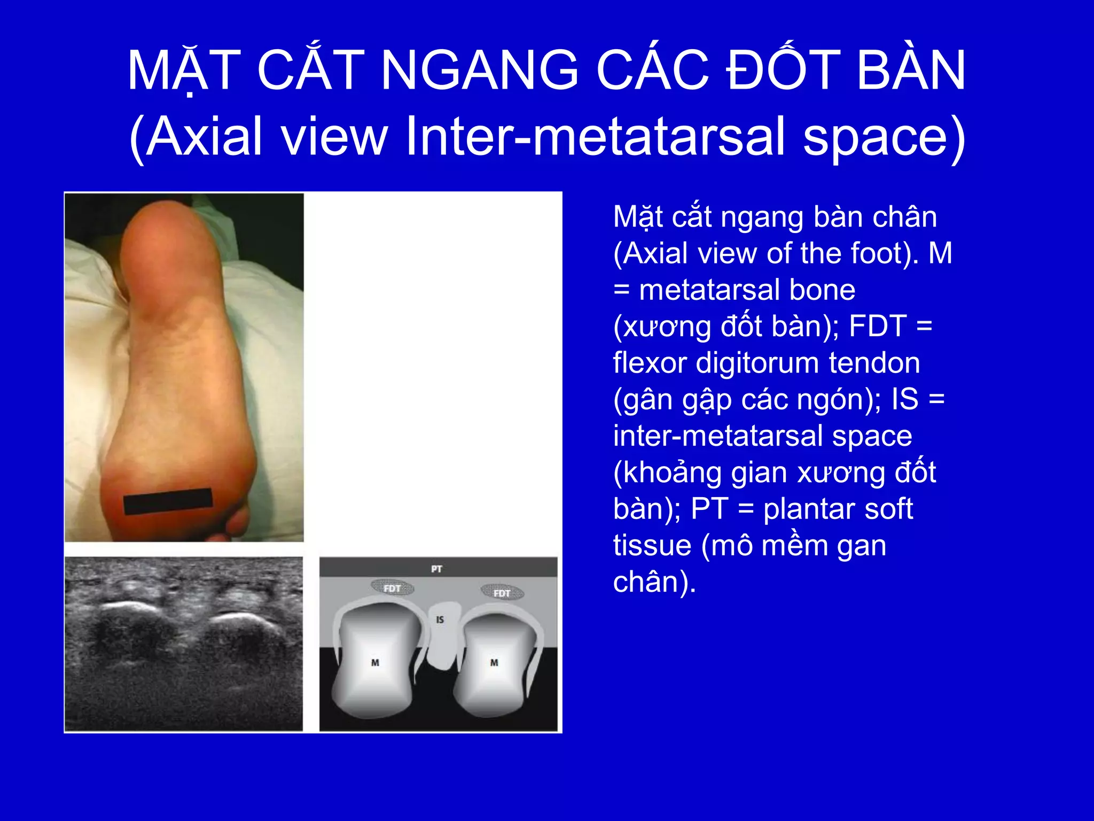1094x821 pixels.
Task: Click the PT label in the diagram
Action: [x=436, y=569]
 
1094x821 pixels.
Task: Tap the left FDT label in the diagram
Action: [x=392, y=588]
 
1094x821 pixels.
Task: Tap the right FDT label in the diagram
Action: [x=502, y=593]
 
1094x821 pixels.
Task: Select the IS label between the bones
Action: [x=440, y=619]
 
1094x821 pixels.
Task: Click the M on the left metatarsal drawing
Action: [x=375, y=662]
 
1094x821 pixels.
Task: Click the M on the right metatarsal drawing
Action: [x=494, y=662]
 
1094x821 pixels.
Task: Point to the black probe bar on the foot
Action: [x=168, y=501]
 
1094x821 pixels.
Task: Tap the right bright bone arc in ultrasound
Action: [x=235, y=617]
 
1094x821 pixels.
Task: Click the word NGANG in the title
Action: [x=479, y=70]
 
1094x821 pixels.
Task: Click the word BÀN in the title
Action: [x=911, y=70]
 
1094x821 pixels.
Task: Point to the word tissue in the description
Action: [x=652, y=545]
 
